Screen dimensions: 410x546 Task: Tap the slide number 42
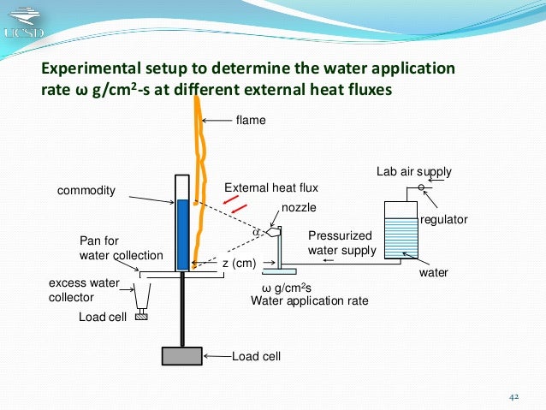[514, 397]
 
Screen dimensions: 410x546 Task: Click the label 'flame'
[251, 121]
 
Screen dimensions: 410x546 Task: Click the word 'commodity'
[86, 191]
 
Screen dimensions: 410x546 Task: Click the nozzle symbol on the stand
[274, 231]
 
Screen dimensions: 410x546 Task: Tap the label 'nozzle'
[297, 208]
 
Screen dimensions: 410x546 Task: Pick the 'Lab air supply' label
[414, 173]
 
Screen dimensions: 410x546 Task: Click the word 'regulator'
[445, 219]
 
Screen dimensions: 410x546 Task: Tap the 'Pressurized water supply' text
[341, 242]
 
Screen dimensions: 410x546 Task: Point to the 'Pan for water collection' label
[121, 248]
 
